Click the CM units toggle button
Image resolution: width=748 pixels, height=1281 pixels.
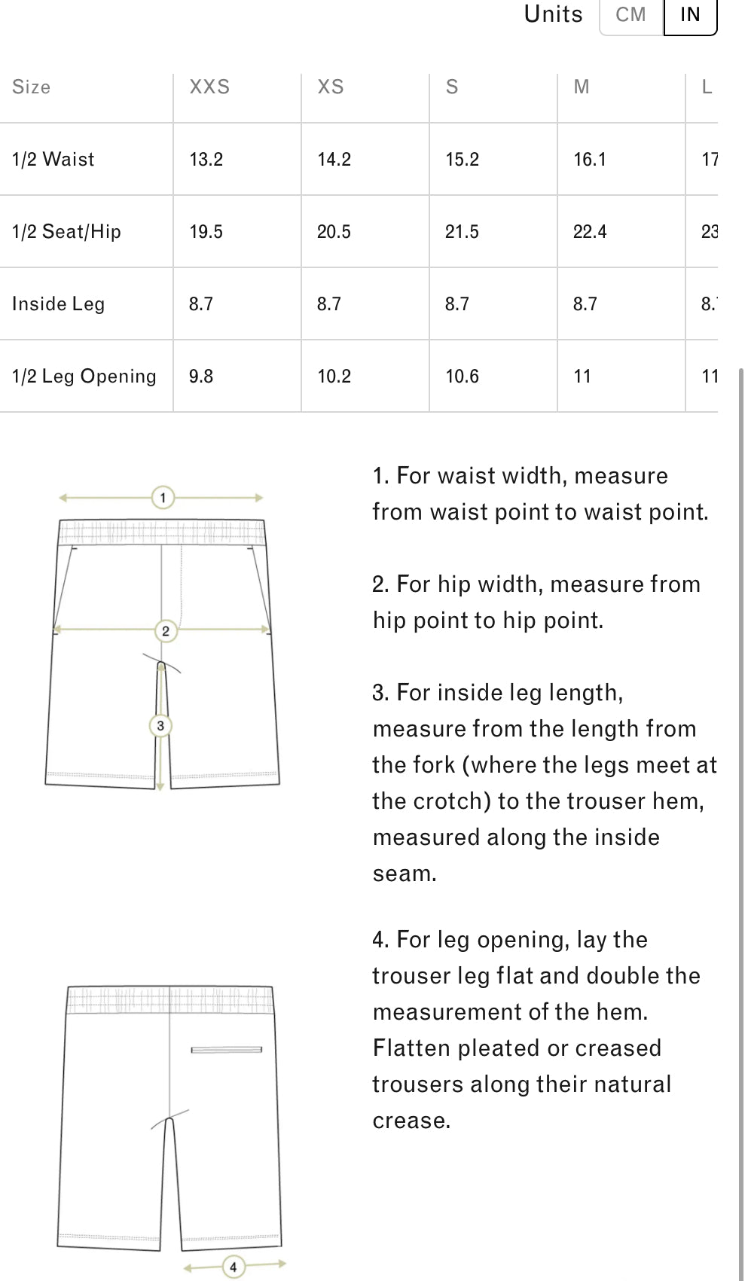pos(630,15)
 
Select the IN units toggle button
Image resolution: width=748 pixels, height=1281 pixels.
pos(690,15)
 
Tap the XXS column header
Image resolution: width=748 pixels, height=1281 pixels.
pos(209,87)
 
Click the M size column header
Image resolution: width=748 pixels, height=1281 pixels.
pos(582,87)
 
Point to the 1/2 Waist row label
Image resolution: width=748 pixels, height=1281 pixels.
pos(53,160)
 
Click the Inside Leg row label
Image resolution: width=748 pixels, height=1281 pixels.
pos(58,304)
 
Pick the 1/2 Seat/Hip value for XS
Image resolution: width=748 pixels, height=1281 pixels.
pos(334,232)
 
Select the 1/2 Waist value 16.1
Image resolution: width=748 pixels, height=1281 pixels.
pos(590,160)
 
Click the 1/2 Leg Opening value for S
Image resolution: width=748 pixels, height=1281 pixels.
pos(462,377)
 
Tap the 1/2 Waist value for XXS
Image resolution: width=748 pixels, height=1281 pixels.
pos(206,160)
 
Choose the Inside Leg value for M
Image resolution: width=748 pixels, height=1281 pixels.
pos(585,304)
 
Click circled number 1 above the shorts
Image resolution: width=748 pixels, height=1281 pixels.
pos(163,498)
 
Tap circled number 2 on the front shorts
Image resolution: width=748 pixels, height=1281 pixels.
pos(166,631)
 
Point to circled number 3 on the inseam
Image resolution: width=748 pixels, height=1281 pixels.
pos(160,726)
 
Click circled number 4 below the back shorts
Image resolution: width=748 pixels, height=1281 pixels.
pos(233,1267)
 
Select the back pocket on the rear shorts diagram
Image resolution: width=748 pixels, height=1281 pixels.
pos(226,1050)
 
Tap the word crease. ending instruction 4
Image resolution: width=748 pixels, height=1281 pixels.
pos(411,1121)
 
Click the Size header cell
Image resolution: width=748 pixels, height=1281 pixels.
pos(32,87)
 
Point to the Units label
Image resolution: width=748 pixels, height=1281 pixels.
pos(553,15)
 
